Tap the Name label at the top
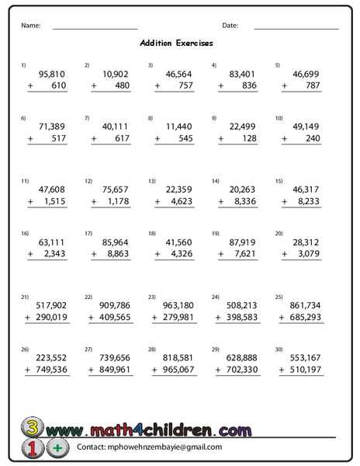30,26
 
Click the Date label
230,26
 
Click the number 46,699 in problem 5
305,75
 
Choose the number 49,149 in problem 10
305,126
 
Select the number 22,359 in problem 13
178,189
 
